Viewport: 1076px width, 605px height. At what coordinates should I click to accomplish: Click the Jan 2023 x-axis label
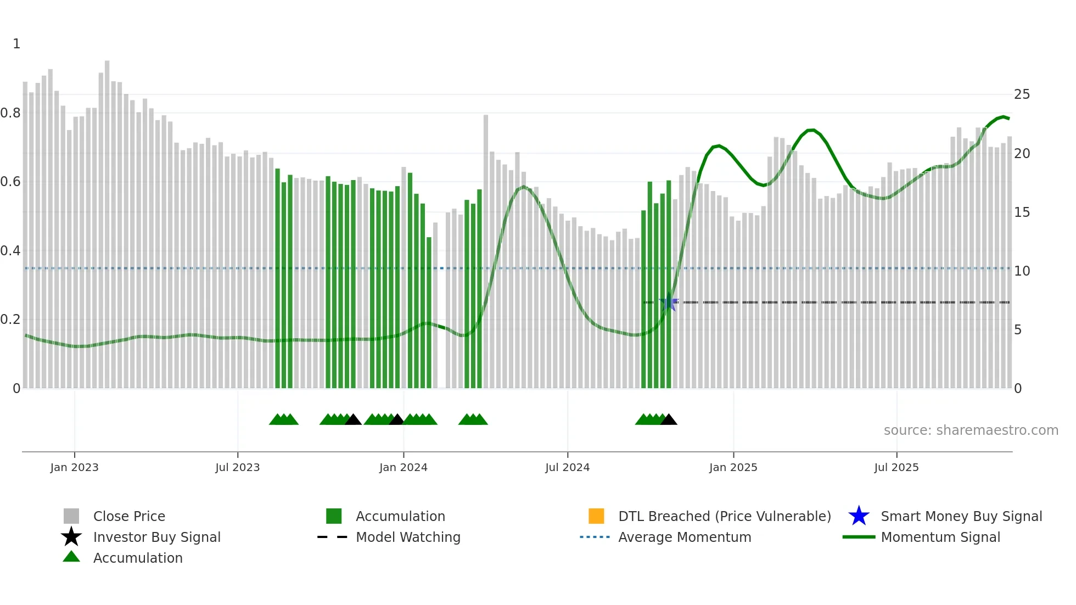74,467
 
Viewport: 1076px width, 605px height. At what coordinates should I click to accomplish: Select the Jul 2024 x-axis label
567,467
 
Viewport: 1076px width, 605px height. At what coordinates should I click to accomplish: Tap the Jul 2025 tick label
896,467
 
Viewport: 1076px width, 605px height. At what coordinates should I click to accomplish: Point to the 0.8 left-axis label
10,113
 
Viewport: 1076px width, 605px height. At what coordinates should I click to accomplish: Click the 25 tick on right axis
1022,94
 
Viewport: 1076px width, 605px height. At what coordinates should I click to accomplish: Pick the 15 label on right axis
1022,212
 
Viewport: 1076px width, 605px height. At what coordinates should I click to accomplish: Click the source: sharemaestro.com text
971,430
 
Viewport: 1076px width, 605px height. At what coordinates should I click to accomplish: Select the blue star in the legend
859,516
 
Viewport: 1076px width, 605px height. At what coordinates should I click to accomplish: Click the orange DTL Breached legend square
596,516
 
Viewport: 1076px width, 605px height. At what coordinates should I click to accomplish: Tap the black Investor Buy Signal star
71,537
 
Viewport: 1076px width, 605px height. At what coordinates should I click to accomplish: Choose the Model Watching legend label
408,537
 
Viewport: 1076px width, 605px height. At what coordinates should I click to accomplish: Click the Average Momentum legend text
685,537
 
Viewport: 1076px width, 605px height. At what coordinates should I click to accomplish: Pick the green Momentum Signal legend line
859,537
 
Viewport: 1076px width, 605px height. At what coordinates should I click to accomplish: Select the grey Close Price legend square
71,516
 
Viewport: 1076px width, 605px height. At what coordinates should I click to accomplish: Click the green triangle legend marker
71,557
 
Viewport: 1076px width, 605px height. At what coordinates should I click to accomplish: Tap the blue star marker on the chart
669,302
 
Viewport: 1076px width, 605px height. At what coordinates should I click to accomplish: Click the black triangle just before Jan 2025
669,420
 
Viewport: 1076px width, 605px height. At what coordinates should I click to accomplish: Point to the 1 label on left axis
16,44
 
